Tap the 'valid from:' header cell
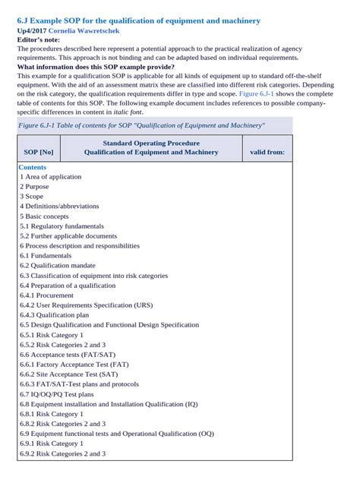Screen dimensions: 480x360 tap(267, 152)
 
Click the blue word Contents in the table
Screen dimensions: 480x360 tap(33, 167)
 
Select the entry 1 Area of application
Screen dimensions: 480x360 tap(51, 177)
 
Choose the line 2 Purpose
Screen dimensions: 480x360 tap(34, 187)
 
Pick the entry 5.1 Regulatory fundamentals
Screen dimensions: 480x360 tap(63, 226)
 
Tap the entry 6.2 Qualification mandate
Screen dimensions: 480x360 tap(58, 266)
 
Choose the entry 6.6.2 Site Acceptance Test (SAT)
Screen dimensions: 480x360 tap(69, 374)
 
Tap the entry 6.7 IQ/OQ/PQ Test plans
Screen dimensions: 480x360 tap(57, 394)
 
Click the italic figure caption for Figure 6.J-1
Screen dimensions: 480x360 tap(141, 125)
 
